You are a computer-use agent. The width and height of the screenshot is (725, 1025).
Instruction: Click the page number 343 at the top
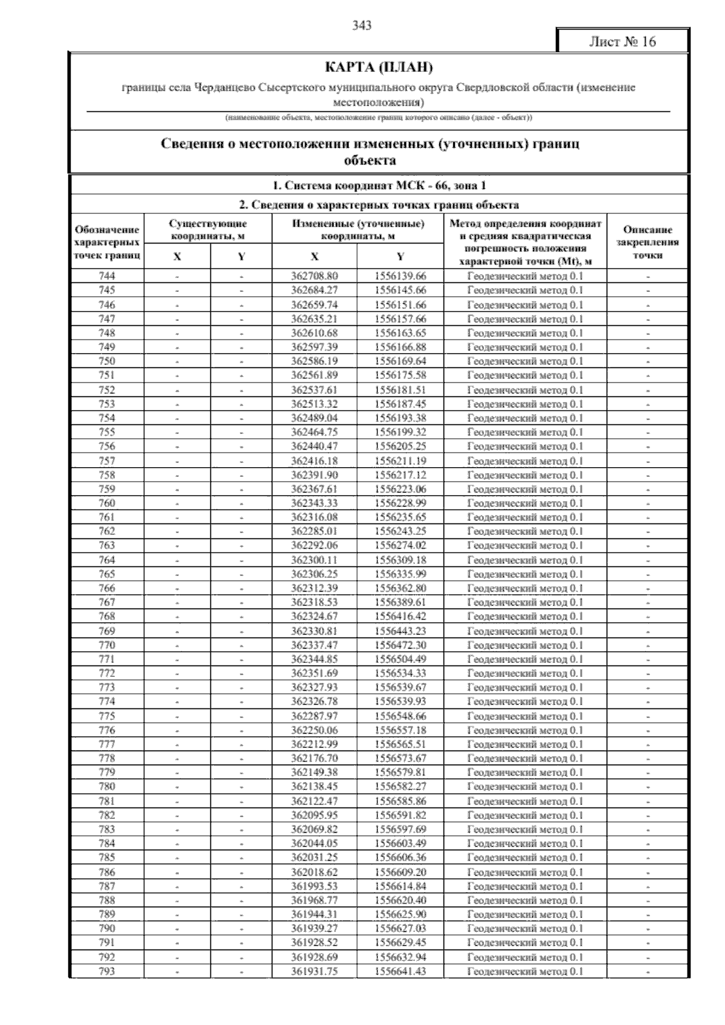361,25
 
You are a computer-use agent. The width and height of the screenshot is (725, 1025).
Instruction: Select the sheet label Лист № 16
622,42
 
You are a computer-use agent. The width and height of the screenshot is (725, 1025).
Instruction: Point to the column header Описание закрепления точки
648,242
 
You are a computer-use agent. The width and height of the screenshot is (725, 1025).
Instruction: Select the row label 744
107,276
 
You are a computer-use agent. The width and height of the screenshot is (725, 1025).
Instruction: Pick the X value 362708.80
314,276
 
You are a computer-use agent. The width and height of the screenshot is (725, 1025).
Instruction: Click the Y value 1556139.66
400,276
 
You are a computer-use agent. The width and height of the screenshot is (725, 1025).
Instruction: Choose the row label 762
107,531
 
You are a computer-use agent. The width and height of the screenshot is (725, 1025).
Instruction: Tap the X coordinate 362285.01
314,531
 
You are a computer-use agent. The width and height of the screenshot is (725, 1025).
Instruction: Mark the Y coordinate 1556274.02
400,546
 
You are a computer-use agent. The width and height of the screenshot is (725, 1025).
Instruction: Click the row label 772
107,673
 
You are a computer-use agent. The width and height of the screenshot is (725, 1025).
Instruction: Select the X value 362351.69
314,673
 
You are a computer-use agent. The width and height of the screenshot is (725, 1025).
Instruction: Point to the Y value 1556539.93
400,702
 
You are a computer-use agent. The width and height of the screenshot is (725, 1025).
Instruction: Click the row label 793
107,971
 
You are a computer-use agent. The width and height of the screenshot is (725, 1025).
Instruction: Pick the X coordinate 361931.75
314,971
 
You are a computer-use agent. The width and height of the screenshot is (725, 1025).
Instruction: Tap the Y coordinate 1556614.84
400,887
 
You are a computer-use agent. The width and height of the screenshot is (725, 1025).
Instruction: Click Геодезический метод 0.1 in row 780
525,787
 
